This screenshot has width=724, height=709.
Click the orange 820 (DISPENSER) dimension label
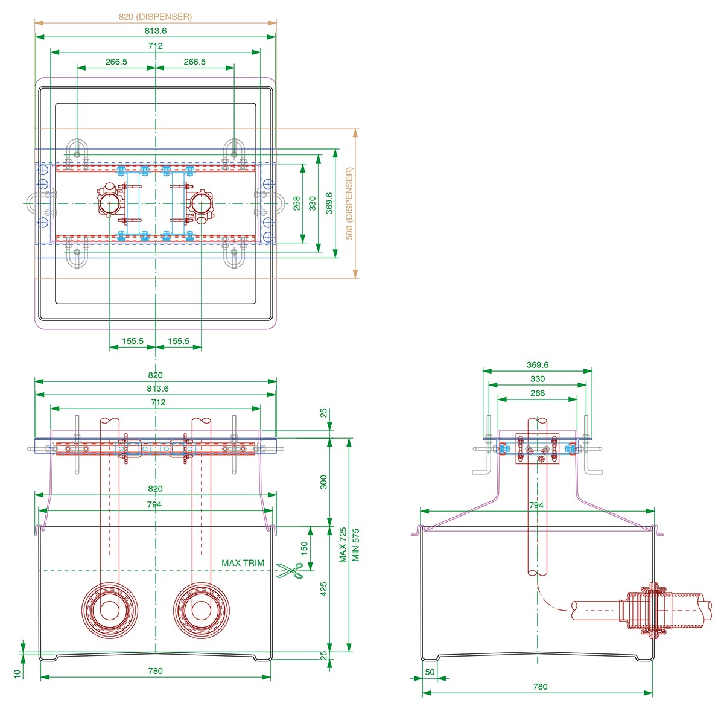[155, 17]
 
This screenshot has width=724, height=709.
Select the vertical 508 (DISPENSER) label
[349, 204]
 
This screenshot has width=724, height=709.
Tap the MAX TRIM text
[243, 563]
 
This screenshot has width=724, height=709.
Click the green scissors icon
[290, 571]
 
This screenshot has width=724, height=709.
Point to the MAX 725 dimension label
[343, 545]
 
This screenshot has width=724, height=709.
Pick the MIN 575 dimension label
[355, 545]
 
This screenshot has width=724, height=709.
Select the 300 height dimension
[323, 482]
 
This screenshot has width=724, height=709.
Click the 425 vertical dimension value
[323, 589]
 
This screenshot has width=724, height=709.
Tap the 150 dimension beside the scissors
[304, 548]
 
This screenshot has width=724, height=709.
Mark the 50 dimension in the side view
[430, 672]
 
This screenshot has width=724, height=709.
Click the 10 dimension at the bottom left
[17, 672]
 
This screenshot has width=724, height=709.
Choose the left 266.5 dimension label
[116, 62]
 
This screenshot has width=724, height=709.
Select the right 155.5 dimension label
[178, 341]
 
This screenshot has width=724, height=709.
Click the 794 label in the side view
[536, 505]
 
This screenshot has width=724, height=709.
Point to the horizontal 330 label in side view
[537, 379]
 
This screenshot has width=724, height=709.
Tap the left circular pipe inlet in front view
[109, 609]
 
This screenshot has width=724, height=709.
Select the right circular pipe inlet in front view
[201, 609]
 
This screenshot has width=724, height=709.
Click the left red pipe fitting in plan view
[110, 203]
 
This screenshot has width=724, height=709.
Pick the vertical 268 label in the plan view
[297, 204]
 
